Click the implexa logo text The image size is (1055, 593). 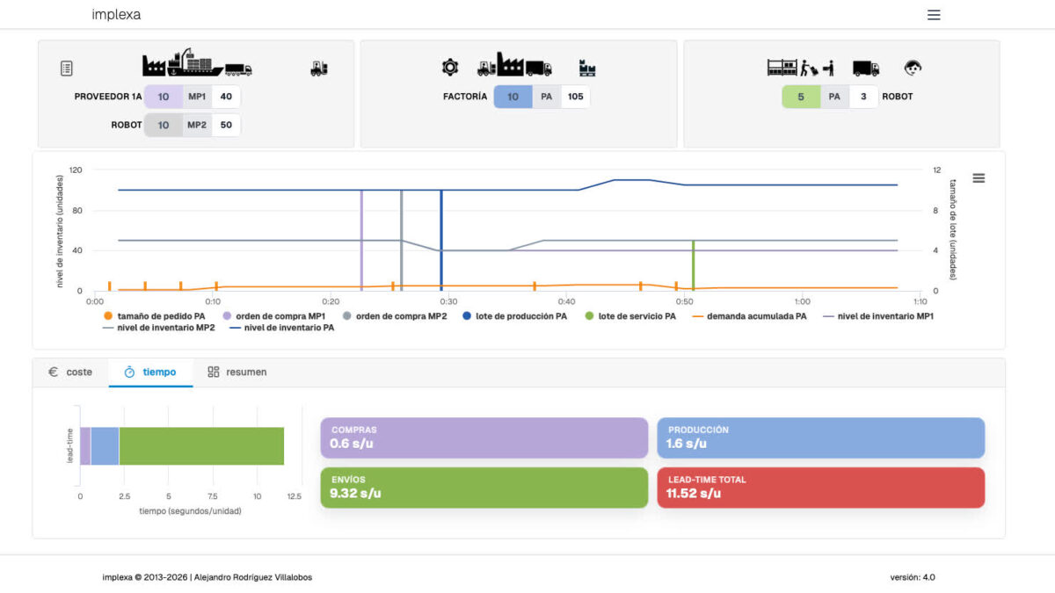click(x=116, y=15)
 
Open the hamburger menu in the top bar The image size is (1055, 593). click(x=934, y=15)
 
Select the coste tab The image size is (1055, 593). click(x=70, y=372)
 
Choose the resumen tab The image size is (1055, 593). click(x=237, y=372)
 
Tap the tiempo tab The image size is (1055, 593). click(x=150, y=372)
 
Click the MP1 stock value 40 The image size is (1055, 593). click(x=226, y=97)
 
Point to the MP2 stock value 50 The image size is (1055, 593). click(x=226, y=125)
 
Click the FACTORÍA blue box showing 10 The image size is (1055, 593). click(x=513, y=97)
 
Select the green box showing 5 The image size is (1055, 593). click(x=801, y=97)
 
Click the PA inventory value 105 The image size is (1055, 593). click(x=576, y=97)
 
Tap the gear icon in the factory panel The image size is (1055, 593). click(x=450, y=67)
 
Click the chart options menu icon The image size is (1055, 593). click(x=979, y=178)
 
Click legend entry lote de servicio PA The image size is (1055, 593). click(x=630, y=316)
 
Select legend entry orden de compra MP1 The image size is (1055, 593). click(x=274, y=316)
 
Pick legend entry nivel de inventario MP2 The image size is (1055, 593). click(x=160, y=329)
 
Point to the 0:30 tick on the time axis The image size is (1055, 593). click(x=447, y=300)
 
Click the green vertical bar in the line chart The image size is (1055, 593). click(x=694, y=264)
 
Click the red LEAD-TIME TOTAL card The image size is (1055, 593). click(x=820, y=487)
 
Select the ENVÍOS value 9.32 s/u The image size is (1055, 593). click(x=355, y=493)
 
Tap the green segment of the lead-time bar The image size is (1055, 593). click(x=201, y=445)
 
